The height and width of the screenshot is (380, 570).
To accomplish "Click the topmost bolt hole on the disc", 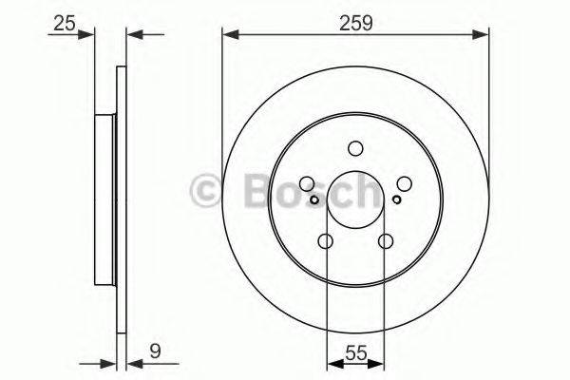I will point(355,148).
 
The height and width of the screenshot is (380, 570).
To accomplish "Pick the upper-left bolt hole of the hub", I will point(306,184).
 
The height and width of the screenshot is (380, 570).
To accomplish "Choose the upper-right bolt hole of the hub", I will point(405,184).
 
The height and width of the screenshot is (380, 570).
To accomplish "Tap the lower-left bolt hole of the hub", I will point(325,242).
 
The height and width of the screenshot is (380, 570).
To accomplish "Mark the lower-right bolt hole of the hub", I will point(386,242).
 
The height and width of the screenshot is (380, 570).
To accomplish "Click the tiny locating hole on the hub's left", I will point(313,199).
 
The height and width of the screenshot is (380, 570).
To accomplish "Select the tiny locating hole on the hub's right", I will point(396,199).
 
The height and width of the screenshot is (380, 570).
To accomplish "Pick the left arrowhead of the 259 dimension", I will point(228,35).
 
